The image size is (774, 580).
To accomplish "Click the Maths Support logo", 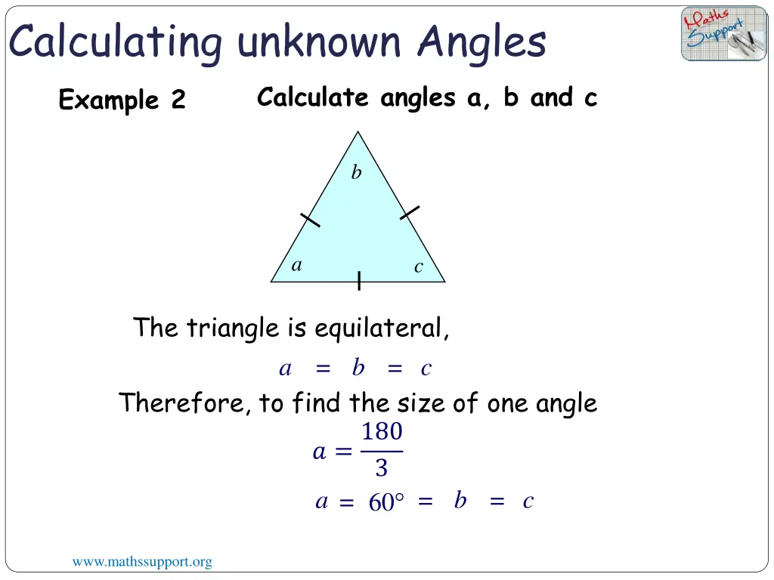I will coord(723,34).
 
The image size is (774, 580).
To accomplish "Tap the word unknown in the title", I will coord(319,42).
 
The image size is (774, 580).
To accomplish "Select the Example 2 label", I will coord(122,100).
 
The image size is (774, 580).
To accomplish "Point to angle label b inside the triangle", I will coord(356,173).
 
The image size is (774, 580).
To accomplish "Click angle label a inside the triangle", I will coord(297,265).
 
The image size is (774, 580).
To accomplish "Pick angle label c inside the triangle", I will coord(418,267).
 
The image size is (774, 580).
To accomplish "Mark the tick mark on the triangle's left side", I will coord(310,219).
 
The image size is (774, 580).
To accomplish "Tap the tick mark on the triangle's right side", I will coord(410,212).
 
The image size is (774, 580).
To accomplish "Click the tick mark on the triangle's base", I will coord(359,281).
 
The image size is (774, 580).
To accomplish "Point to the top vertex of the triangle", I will coord(358,132).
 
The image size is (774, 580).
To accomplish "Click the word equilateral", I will coord(381,329).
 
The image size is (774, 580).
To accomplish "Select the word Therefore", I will coord(185,403).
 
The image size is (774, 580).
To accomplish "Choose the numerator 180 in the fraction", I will coord(382,433).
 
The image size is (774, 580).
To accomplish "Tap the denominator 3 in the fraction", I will coord(381,469).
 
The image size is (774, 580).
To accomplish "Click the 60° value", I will coord(386,503).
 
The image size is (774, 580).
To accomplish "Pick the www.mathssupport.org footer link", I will coord(142,562).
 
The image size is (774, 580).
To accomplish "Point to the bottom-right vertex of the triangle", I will coord(445,282).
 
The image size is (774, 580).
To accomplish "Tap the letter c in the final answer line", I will coord(528,501).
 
